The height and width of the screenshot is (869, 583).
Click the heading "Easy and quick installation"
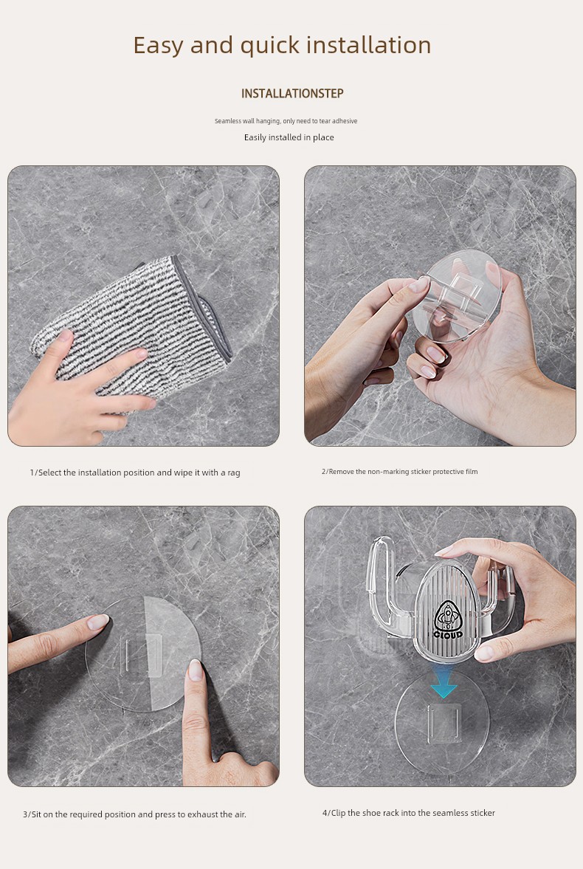click(282, 46)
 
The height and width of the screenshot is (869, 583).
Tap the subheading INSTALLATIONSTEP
click(292, 94)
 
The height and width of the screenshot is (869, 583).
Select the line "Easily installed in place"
click(289, 137)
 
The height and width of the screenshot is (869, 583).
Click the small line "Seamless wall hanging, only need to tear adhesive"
click(286, 121)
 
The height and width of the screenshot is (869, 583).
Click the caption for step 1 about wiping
click(134, 473)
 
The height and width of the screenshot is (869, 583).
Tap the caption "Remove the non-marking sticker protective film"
click(399, 472)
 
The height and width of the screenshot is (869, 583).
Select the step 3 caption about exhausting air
click(134, 814)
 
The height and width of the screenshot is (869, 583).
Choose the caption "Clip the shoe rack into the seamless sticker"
click(408, 813)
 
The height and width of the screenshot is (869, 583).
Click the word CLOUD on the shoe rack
click(448, 634)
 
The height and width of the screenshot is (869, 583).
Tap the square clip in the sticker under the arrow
click(444, 723)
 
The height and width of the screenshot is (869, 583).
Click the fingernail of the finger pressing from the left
click(99, 622)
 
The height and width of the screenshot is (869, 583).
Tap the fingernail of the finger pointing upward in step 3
click(196, 670)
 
